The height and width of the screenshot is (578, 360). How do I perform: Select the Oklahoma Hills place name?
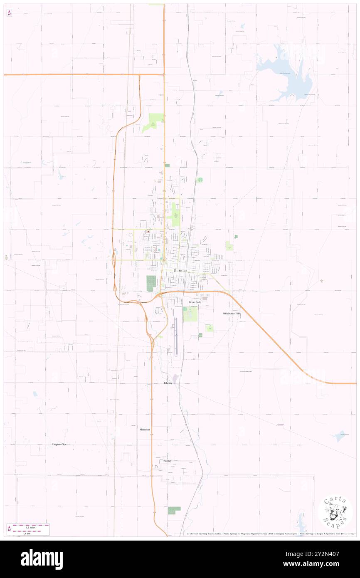point(232,313)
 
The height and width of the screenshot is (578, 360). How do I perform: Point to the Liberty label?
point(168,383)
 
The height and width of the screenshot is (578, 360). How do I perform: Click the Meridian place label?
point(145,429)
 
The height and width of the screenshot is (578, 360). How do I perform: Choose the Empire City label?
point(59,445)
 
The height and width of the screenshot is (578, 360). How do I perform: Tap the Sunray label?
point(167,461)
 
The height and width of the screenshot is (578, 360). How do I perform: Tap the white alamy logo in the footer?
point(42,559)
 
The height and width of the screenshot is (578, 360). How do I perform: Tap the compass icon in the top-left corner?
point(9,13)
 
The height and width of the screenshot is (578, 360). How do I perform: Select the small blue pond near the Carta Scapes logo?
point(301,518)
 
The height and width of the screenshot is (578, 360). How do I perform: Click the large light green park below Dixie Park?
point(191,314)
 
